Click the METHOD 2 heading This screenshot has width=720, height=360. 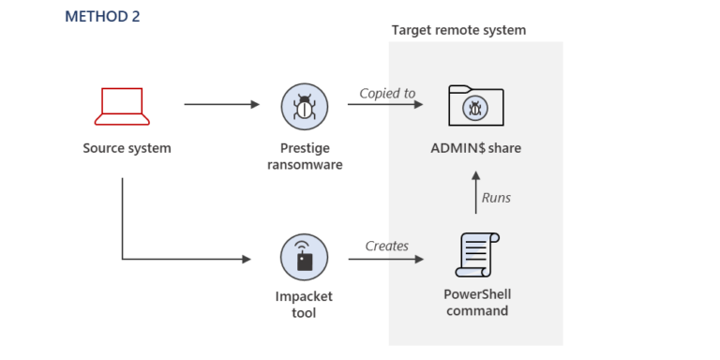coord(102,17)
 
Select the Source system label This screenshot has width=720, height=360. coord(127,148)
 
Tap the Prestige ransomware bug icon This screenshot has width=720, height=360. coord(305,106)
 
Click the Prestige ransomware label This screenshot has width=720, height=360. coord(305,157)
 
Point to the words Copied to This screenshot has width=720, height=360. coord(387,94)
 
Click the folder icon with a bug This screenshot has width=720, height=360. coord(475,107)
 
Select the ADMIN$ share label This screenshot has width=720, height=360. coord(475,148)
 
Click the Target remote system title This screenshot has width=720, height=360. coord(458,30)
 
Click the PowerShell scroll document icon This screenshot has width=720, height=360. coord(476,256)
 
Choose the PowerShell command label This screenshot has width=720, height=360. coord(477,302)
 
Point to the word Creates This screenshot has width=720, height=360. coord(386,246)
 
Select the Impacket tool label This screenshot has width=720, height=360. coord(305,304)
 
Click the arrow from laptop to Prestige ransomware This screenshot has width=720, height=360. coord(222,104)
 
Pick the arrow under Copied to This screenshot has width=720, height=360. coord(387,104)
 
